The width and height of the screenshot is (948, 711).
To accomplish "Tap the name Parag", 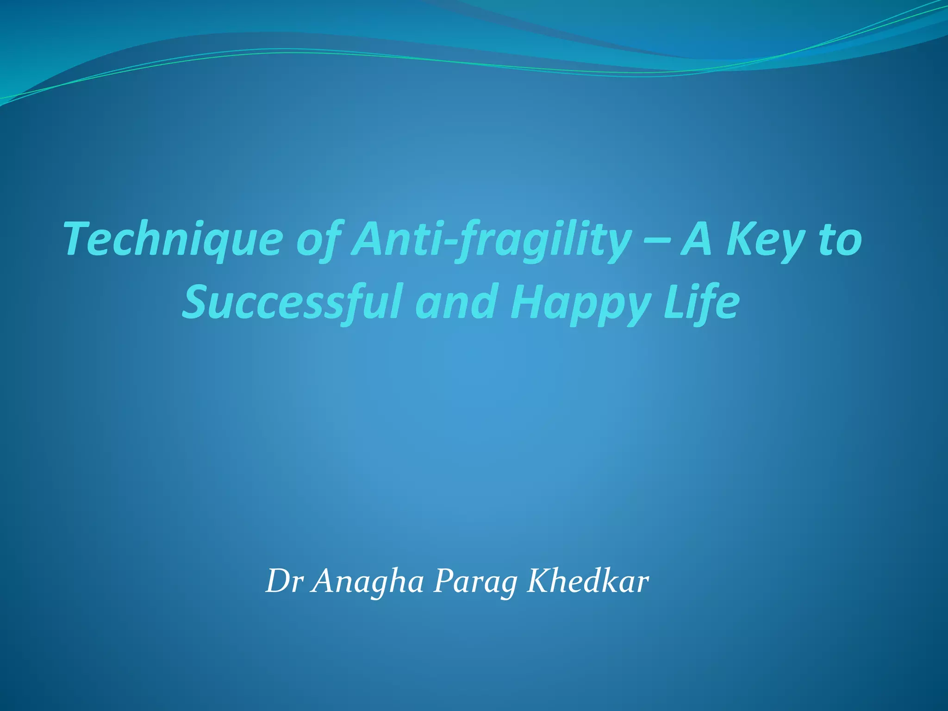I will click(475, 582).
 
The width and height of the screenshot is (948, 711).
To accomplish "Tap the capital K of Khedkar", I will click(540, 581).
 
